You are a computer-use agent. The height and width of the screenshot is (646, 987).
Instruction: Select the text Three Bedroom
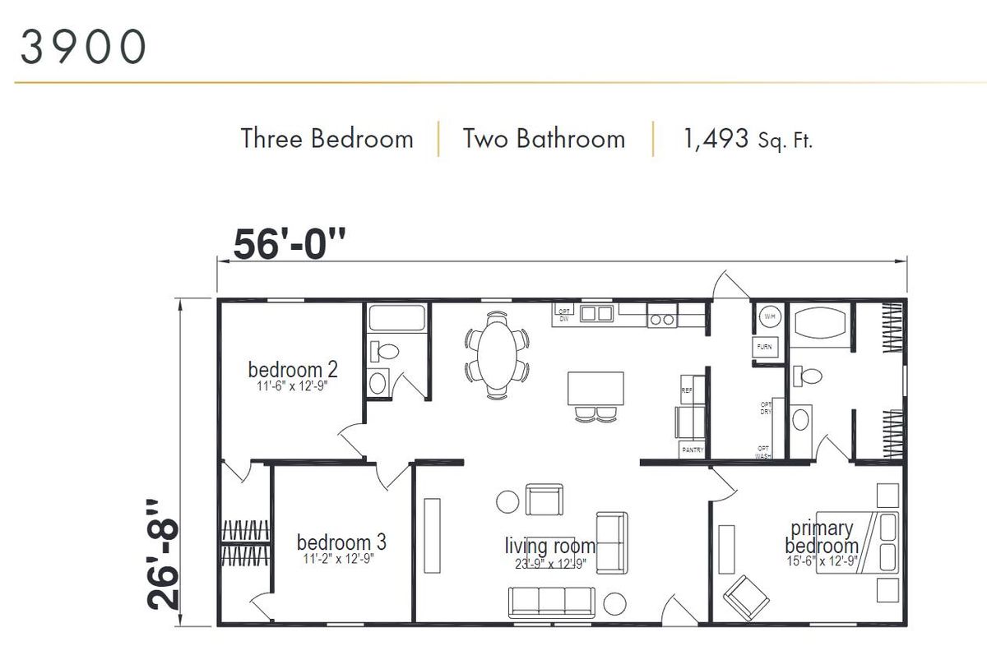[x=327, y=138]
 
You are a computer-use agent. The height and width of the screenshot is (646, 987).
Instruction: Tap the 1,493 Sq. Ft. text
[x=747, y=139]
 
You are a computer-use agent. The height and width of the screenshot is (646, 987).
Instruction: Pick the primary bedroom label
[x=821, y=538]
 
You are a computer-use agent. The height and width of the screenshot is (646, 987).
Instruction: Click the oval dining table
[x=496, y=353]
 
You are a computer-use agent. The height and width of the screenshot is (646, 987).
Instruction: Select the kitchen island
[x=595, y=389]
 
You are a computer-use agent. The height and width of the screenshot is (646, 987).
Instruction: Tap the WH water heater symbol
[x=768, y=316]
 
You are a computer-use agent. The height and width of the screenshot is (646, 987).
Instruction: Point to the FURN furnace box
[x=764, y=348]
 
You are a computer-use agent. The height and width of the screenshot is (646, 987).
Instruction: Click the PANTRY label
[x=691, y=450]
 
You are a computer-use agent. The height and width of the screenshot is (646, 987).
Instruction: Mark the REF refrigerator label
[x=687, y=391]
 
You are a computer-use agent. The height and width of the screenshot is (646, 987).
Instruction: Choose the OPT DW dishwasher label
[x=563, y=314]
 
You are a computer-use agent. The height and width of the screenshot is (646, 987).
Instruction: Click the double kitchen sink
[x=596, y=313]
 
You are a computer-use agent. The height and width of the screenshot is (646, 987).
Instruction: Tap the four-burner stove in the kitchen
[x=661, y=315]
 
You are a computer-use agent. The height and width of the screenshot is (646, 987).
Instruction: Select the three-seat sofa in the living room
[x=551, y=602]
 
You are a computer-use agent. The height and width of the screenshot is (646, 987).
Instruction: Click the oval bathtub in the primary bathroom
[x=818, y=321]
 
